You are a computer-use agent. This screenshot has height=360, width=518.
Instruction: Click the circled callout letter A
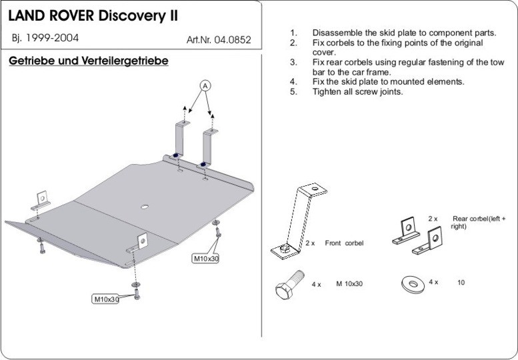tap(205, 85)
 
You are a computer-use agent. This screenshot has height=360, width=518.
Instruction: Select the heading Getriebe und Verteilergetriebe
tap(88, 61)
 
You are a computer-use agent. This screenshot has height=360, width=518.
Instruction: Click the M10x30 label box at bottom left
tap(105, 299)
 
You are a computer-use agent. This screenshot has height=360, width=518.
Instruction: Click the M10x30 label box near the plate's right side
tap(205, 257)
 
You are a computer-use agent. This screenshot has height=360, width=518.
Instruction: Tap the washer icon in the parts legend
tap(413, 283)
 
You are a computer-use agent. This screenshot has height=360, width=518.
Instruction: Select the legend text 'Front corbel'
tap(344, 243)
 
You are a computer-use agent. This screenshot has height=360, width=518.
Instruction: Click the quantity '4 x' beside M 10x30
tap(317, 284)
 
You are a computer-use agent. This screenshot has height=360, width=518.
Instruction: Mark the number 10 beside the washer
tap(461, 283)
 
